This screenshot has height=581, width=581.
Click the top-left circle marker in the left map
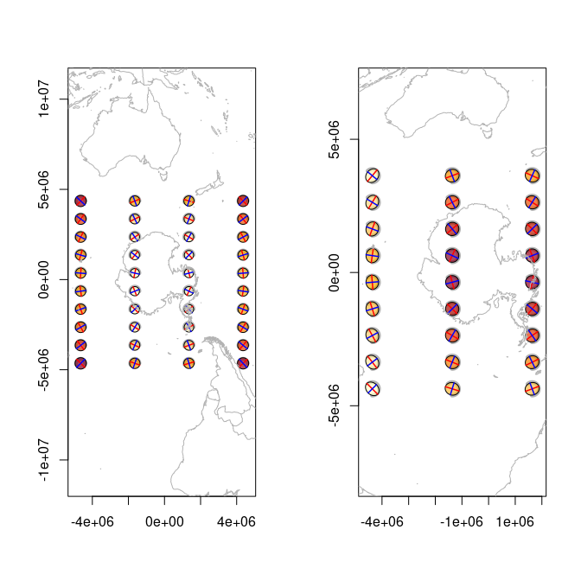[80, 201]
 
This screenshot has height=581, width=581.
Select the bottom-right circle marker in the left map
[243, 363]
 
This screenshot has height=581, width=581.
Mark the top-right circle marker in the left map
[243, 201]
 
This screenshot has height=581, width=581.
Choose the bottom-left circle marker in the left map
[80, 363]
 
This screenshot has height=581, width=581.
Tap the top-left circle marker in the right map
[373, 176]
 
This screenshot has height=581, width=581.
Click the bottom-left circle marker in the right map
[373, 389]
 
